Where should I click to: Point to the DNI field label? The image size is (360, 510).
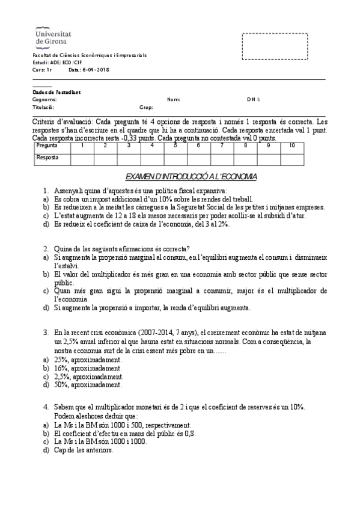[253, 99]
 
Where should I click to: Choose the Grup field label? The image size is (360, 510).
[146, 107]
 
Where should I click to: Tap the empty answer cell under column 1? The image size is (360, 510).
[82, 158]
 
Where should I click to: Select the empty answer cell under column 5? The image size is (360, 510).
[175, 158]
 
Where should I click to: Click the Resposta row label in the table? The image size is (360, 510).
[47, 158]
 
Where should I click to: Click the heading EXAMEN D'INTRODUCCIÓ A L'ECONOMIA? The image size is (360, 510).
[191, 176]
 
